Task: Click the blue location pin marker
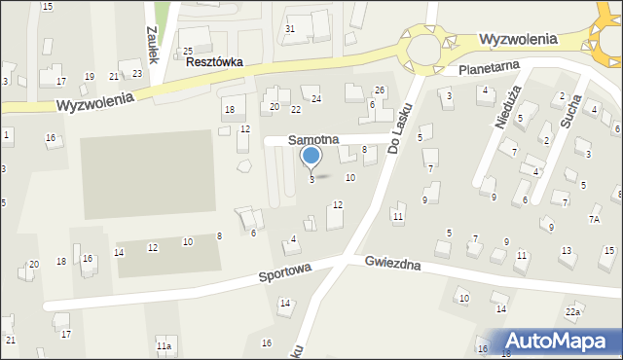(x=311, y=156)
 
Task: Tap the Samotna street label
(x=312, y=140)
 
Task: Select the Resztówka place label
(x=213, y=61)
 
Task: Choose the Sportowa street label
(x=283, y=275)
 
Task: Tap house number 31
(x=290, y=28)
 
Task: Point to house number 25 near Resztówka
(x=188, y=50)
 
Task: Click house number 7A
(x=594, y=220)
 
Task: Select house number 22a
(x=573, y=311)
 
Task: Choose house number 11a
(x=164, y=345)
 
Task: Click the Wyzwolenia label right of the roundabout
(x=518, y=39)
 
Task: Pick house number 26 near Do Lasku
(x=380, y=90)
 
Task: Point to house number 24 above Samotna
(x=315, y=98)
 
